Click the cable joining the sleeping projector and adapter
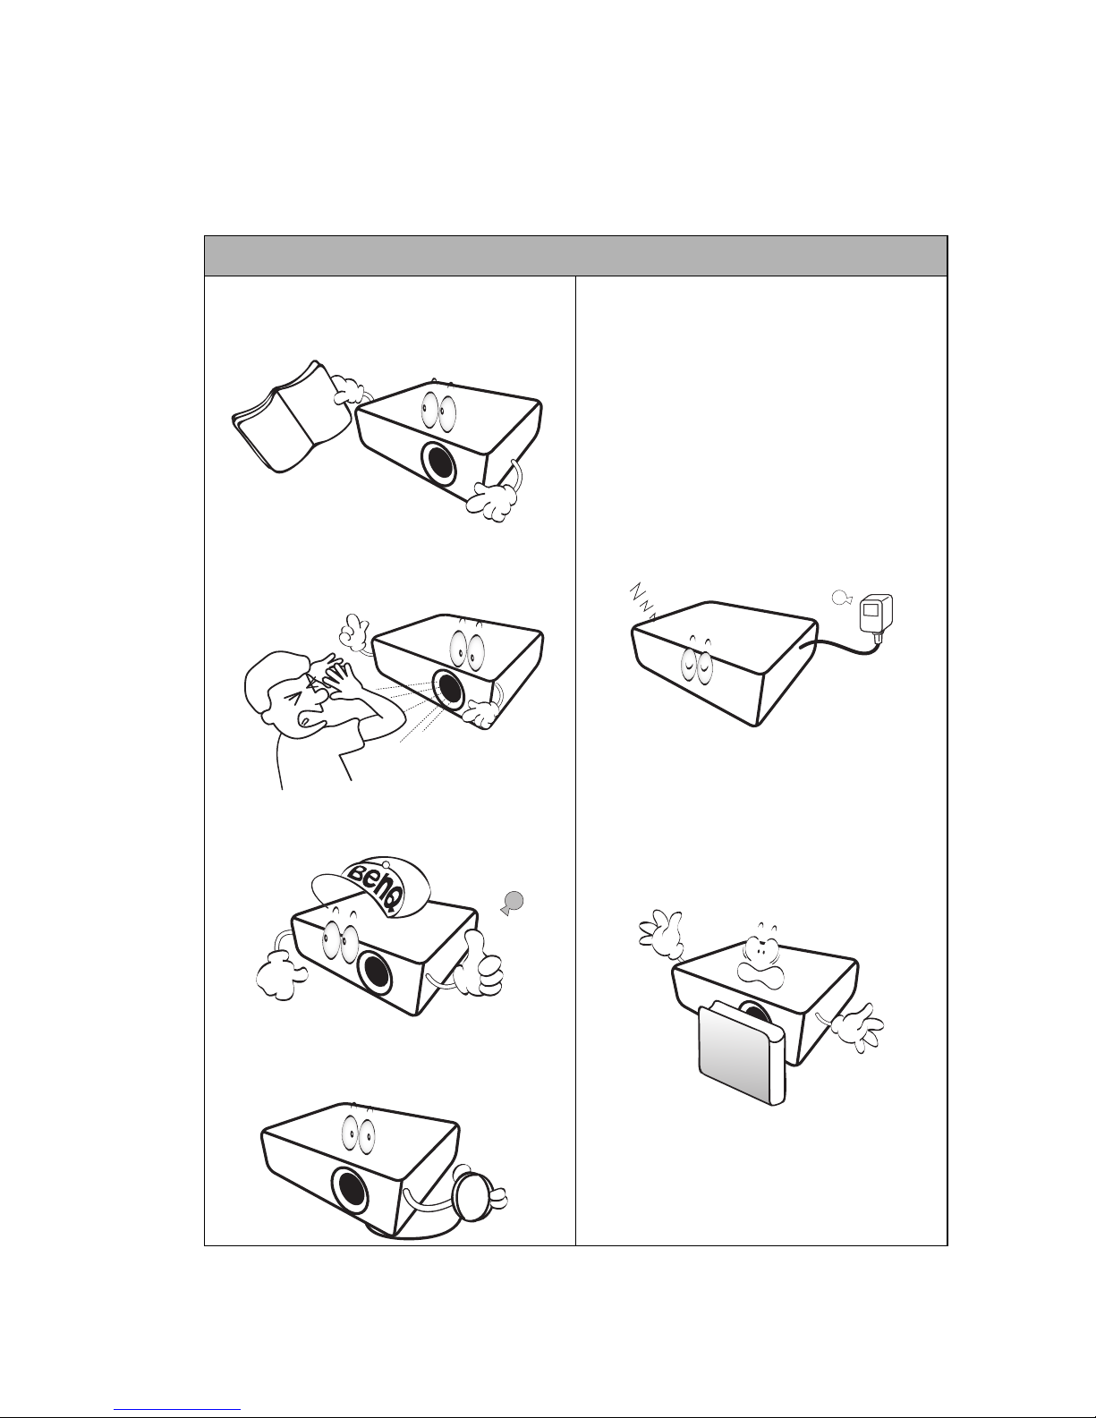point(844,646)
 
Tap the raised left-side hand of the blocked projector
point(661,934)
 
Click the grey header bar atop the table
point(575,256)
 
